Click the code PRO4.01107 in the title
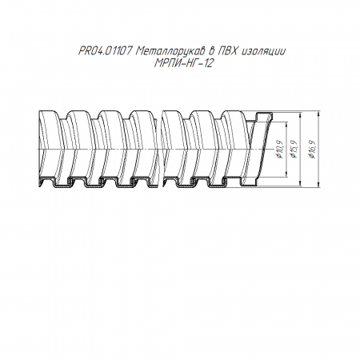[105, 51]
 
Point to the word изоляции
[263, 51]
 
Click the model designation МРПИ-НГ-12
[184, 63]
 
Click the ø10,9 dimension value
[280, 149]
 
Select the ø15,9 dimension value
[294, 149]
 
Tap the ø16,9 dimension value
[312, 149]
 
